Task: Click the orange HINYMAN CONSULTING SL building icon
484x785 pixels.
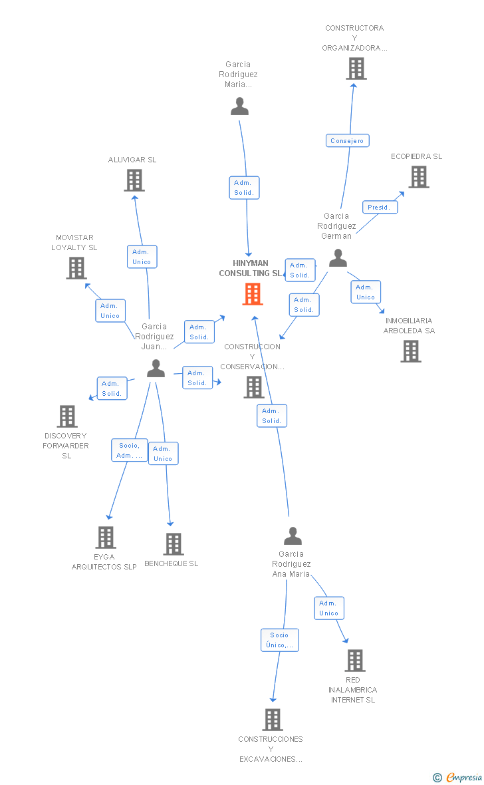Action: coord(253,293)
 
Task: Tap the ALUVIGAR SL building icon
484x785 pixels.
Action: coord(134,180)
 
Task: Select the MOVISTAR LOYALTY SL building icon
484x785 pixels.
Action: coord(76,267)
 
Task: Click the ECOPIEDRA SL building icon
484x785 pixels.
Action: coord(419,177)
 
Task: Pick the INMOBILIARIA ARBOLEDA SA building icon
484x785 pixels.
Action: coord(411,351)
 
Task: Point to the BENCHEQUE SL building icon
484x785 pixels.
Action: coord(174,544)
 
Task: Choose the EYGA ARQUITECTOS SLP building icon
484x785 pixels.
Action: coord(106,537)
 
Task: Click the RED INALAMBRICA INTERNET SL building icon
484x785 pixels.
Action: coord(355,661)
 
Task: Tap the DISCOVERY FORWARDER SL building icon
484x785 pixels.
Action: coord(67,416)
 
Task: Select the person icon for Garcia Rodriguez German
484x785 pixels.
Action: coord(338,258)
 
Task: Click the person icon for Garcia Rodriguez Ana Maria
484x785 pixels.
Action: coord(293,536)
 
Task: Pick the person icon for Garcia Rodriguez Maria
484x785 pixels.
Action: coord(239,106)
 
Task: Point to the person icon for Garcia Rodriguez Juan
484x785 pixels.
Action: coord(156,369)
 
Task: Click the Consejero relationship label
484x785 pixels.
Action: coord(348,140)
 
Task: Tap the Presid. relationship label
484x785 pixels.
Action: coord(380,207)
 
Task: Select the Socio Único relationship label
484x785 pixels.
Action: coord(280,640)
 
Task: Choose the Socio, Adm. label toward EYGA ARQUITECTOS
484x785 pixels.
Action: coord(129,450)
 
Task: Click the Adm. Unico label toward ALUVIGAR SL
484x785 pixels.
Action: coord(142,257)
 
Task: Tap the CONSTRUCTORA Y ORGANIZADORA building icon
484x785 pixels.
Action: coord(356,69)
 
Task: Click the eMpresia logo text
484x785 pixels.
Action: coord(463,777)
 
